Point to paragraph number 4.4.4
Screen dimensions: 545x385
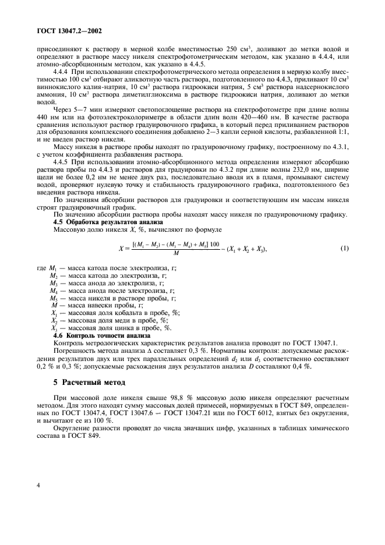(x=62, y=70)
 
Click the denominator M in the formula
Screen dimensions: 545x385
(x=167, y=254)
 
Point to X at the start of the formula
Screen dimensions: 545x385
(x=121, y=249)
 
